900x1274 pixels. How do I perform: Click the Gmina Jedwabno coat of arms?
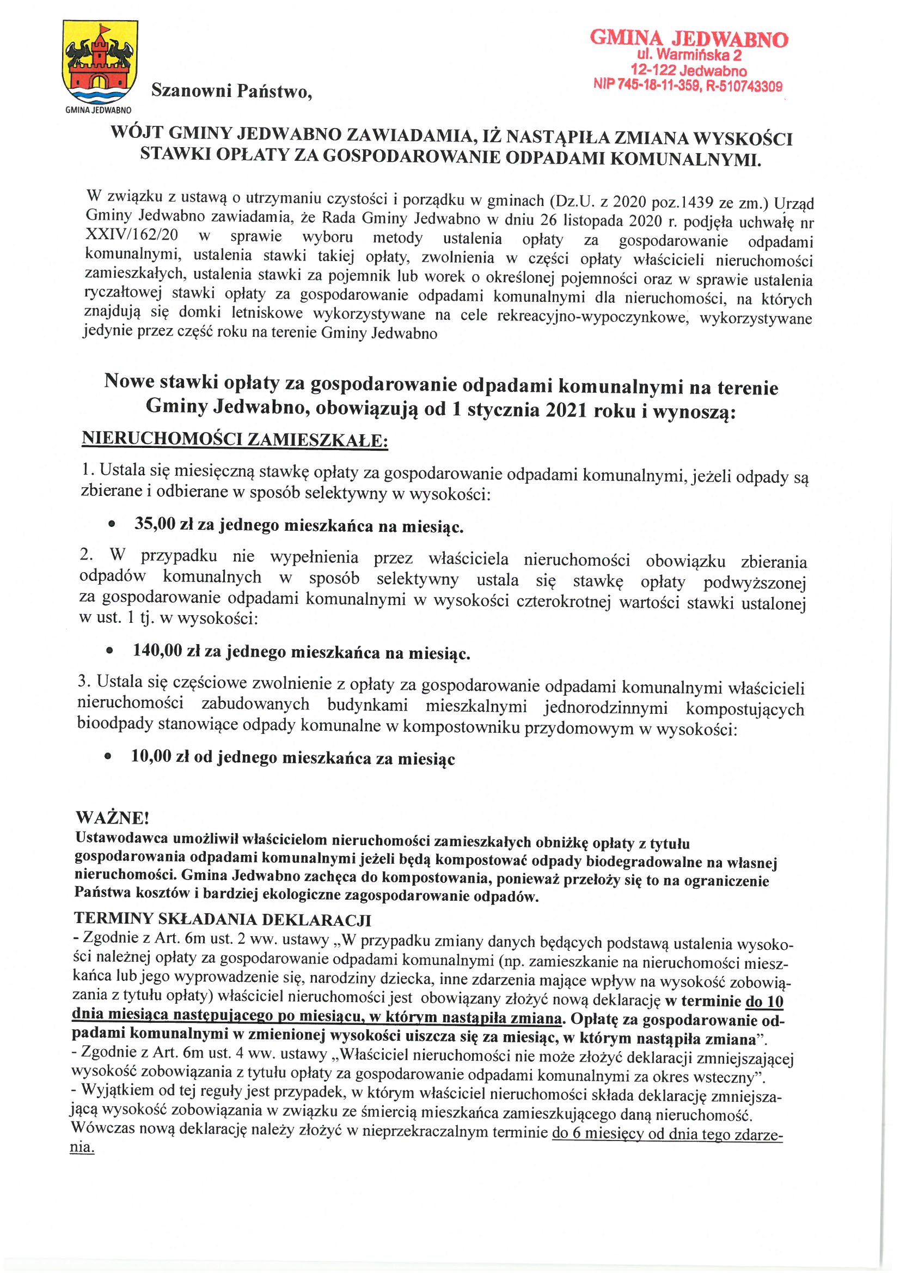tap(100, 62)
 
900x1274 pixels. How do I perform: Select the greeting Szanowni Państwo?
tap(231, 90)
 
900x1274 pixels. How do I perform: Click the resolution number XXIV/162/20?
tap(131, 235)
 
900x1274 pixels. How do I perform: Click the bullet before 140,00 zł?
tap(110, 650)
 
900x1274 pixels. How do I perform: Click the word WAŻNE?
tap(112, 817)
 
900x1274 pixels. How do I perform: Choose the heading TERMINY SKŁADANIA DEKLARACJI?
tap(222, 919)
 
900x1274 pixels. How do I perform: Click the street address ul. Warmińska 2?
tap(689, 54)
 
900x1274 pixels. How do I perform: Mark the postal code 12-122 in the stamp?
tap(653, 70)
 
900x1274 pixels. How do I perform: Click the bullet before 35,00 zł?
tap(112, 523)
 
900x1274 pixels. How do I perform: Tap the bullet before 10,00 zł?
tap(108, 756)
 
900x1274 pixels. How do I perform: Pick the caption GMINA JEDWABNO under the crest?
tap(98, 110)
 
